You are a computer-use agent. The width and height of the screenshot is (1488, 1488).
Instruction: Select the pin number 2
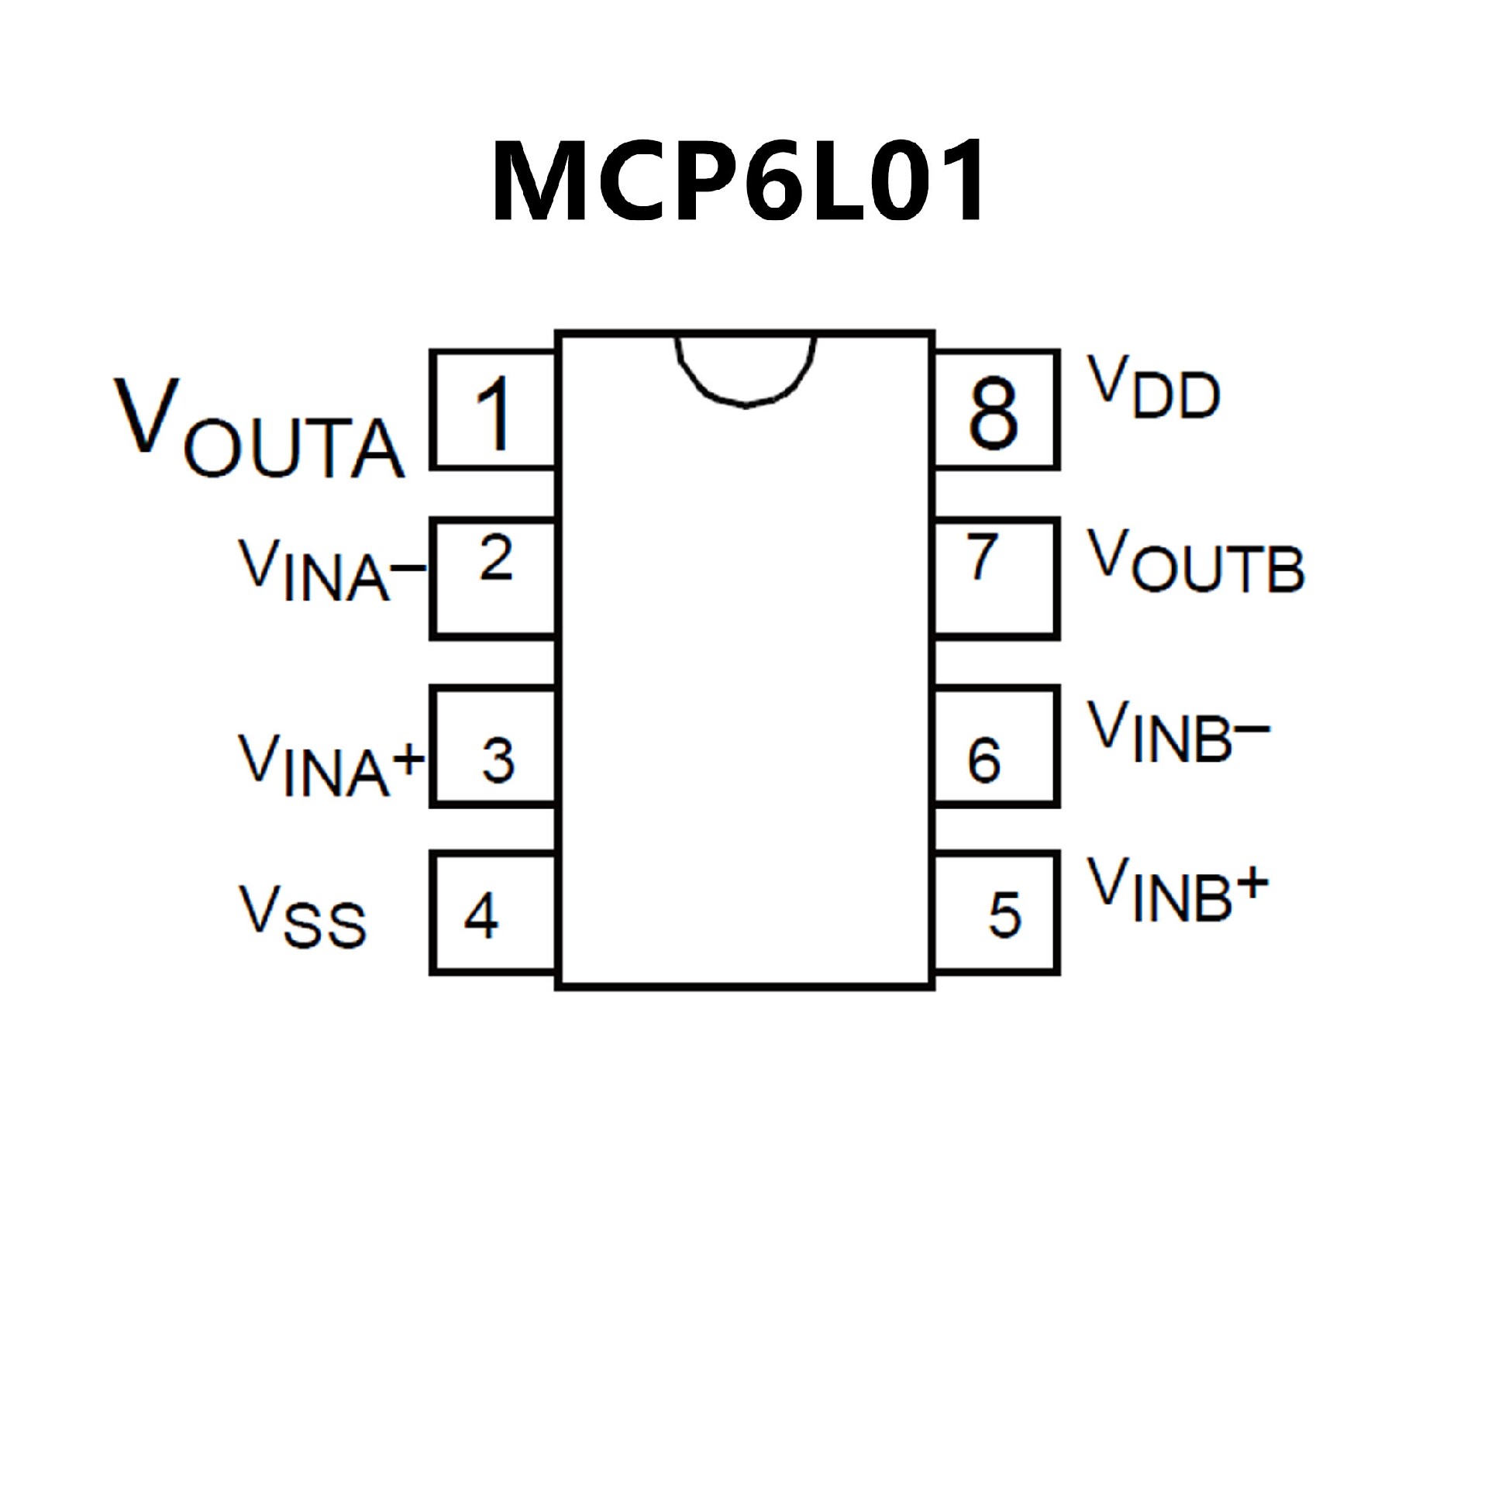496,557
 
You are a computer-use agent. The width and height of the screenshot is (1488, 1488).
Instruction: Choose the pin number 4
480,915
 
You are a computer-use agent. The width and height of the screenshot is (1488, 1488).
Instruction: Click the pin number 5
1005,915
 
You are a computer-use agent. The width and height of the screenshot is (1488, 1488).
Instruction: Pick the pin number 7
982,557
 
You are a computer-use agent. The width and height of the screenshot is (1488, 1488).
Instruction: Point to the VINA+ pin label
332,765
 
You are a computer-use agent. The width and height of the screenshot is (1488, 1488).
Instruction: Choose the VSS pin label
302,916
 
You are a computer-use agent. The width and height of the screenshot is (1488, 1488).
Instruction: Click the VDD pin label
1154,387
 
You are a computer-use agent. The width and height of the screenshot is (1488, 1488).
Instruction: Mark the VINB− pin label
1178,732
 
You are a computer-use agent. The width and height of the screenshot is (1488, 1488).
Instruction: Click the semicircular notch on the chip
746,368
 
